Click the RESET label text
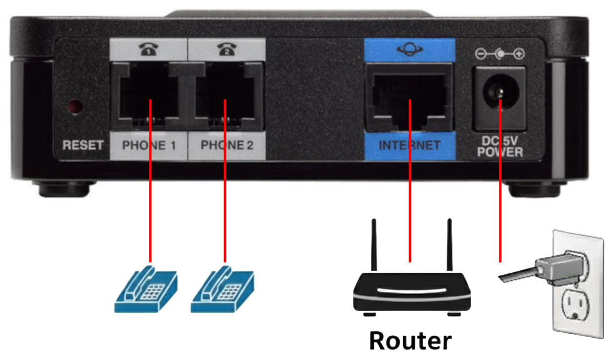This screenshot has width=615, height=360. (x=83, y=145)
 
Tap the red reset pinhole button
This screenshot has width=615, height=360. (x=75, y=106)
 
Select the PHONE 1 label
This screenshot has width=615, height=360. (x=149, y=145)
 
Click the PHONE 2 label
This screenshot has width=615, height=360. (x=227, y=145)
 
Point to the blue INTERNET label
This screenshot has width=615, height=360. (x=410, y=145)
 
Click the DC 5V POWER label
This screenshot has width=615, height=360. (x=499, y=146)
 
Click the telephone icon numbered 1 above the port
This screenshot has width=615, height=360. (x=149, y=50)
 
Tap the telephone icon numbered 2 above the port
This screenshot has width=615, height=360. (x=226, y=50)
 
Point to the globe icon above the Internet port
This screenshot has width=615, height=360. (x=410, y=50)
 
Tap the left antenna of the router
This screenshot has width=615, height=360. (x=374, y=244)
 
